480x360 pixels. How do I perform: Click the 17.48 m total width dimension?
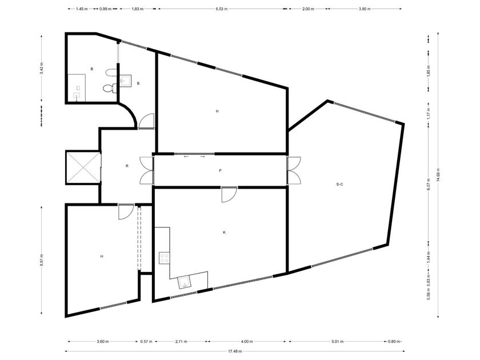(235, 351)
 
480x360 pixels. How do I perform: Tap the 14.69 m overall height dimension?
(438, 175)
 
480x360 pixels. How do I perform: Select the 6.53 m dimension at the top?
(221, 9)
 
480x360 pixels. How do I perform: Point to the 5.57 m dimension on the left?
(41, 260)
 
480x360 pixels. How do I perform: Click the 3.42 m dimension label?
(41, 69)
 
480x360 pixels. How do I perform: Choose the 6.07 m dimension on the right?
(428, 184)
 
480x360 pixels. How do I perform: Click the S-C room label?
(339, 184)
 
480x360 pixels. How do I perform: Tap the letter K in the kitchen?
(224, 233)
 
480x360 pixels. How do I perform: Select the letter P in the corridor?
(220, 170)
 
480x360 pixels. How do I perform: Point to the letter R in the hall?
(127, 166)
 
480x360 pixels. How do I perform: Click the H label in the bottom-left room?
(102, 256)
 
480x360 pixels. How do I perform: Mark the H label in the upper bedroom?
(217, 111)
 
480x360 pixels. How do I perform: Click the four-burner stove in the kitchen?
(165, 258)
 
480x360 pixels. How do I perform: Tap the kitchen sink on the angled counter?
(185, 282)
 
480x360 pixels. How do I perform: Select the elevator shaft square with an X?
(83, 167)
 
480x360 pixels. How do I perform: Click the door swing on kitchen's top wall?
(229, 194)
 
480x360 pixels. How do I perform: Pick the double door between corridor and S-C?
(294, 170)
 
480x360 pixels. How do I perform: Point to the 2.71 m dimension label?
(181, 341)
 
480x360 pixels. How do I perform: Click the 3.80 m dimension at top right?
(365, 9)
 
